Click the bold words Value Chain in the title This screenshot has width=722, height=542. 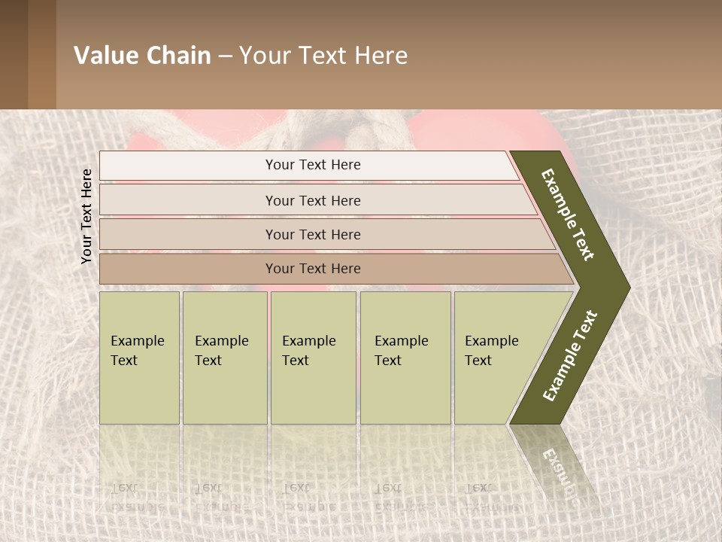pyautogui.click(x=142, y=56)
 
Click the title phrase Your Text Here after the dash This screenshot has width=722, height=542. pyautogui.click(x=323, y=56)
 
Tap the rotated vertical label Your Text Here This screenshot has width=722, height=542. pyautogui.click(x=87, y=217)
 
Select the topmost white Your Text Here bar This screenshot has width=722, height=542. pyautogui.click(x=312, y=165)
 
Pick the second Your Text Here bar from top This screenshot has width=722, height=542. pyautogui.click(x=312, y=200)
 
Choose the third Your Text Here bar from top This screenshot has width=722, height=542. pyautogui.click(x=312, y=234)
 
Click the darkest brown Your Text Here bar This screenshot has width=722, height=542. pyautogui.click(x=312, y=269)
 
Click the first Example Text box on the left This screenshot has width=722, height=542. pyautogui.click(x=139, y=358)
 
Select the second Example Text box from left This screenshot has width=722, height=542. pyautogui.click(x=224, y=358)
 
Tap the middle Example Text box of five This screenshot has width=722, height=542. pyautogui.click(x=313, y=358)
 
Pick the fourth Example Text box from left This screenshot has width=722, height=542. pyautogui.click(x=405, y=358)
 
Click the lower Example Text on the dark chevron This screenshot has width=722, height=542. pyautogui.click(x=570, y=356)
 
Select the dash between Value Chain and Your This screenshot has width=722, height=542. pyautogui.click(x=225, y=56)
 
